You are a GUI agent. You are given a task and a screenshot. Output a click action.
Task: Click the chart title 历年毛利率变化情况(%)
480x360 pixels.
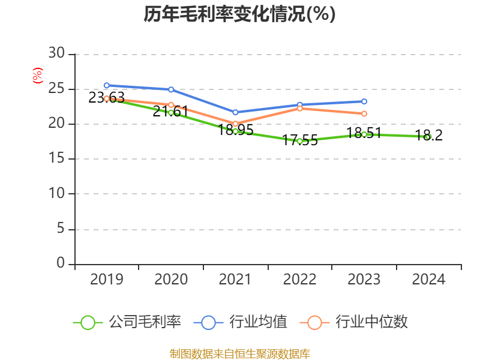click(x=239, y=14)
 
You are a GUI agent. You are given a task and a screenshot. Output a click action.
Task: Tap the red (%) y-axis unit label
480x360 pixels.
click(x=37, y=76)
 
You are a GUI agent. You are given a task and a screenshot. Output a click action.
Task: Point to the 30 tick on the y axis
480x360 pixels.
click(x=57, y=54)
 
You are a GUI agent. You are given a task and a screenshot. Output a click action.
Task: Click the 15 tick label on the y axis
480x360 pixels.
click(x=57, y=159)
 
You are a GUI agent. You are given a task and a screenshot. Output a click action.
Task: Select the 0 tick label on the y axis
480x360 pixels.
click(x=61, y=263)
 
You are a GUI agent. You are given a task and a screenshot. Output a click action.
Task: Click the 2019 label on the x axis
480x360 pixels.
click(x=106, y=280)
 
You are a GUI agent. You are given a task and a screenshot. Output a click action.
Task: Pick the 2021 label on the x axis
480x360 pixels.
click(x=235, y=280)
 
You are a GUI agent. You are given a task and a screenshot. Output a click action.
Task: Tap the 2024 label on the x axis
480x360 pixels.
click(x=428, y=280)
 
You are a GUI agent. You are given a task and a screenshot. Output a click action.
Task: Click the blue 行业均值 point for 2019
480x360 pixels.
click(x=107, y=85)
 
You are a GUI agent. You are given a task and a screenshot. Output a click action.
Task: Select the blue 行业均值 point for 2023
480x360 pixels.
click(x=364, y=101)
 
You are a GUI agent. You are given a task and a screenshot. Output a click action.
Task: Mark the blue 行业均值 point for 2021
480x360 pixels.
click(x=235, y=112)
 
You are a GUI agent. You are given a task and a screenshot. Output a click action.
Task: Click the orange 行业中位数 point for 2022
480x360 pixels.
click(x=299, y=108)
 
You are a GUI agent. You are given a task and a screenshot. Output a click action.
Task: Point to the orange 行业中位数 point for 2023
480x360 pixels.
click(x=364, y=113)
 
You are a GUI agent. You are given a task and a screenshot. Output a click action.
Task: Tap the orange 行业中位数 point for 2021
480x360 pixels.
click(x=235, y=124)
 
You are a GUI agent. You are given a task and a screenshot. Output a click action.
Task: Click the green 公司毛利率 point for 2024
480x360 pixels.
click(x=428, y=137)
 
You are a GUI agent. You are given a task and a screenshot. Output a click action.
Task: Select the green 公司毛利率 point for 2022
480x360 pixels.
click(x=299, y=141)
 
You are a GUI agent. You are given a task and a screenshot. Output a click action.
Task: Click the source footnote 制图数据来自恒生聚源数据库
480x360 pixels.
click(x=239, y=353)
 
